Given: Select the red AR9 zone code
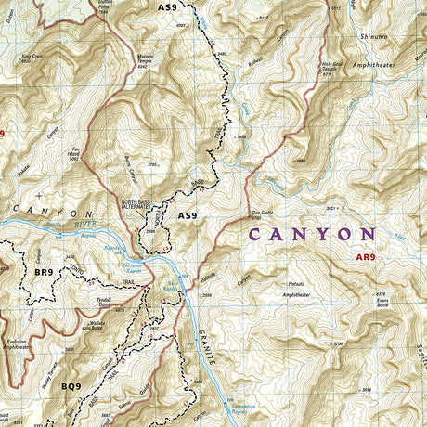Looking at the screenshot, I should pos(368,257).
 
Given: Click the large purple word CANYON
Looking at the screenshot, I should pos(324,235).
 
